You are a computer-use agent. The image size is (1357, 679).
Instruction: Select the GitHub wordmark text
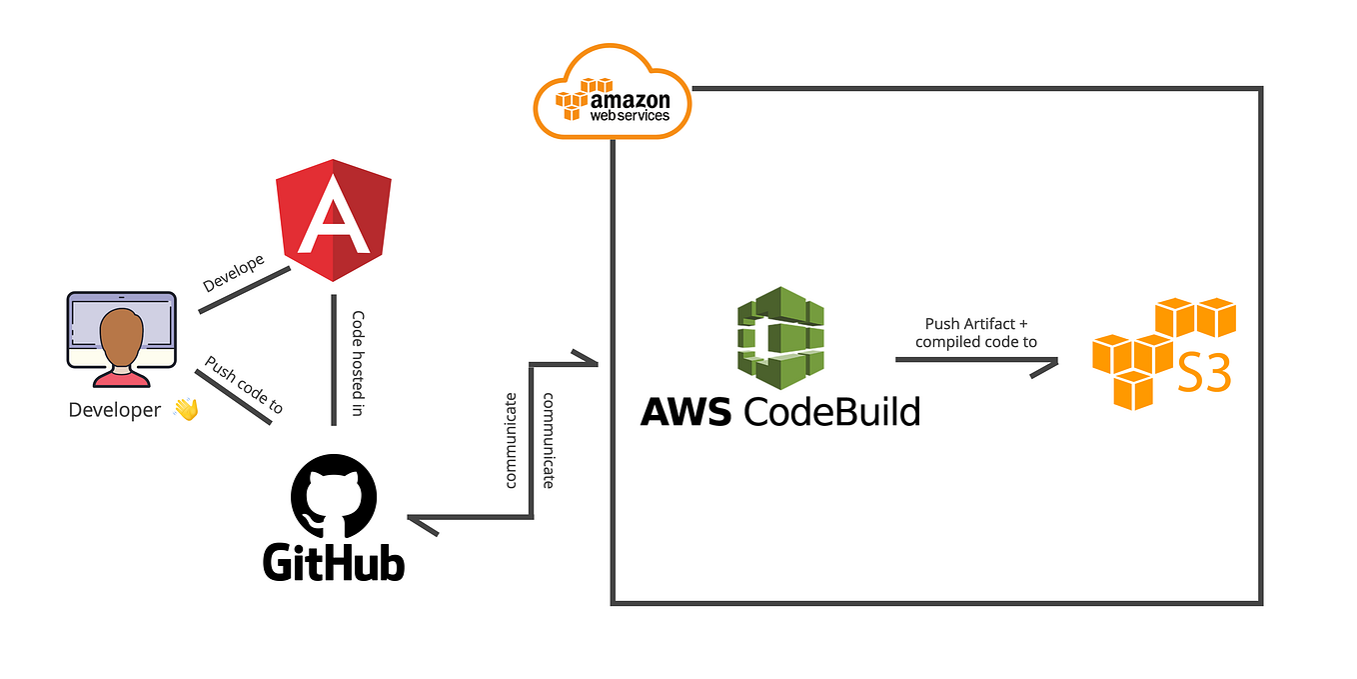[x=334, y=562]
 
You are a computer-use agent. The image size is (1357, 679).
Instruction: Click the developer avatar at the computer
[x=122, y=340]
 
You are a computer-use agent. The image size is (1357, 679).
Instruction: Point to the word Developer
[x=114, y=410]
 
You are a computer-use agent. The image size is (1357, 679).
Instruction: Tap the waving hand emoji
[x=186, y=408]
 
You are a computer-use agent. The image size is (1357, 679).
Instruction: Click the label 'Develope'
[x=234, y=273]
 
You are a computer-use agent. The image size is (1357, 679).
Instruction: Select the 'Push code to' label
[x=244, y=385]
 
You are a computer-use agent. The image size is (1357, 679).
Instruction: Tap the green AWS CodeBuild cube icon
[x=780, y=338]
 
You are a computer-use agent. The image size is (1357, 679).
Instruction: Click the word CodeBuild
[x=831, y=411]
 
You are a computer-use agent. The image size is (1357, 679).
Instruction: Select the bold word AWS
[x=687, y=411]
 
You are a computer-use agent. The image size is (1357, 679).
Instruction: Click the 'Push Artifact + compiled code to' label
[x=975, y=333]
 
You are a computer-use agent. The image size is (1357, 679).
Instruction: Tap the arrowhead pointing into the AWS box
[x=585, y=358]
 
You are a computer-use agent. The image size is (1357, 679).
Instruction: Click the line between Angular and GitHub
[x=333, y=360]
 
